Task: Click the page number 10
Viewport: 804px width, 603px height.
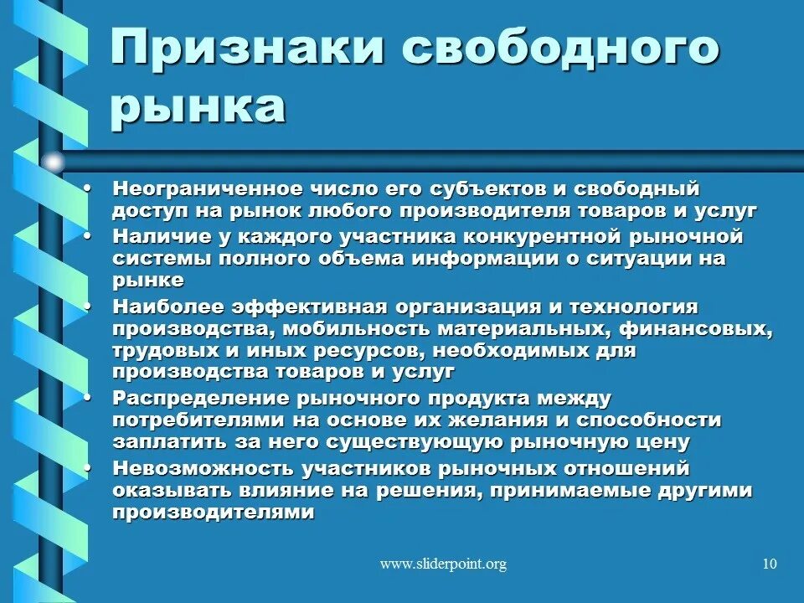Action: coord(770,564)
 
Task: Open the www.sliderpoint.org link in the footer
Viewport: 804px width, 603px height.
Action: coord(443,564)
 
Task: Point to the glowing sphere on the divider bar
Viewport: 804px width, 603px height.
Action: coord(53,162)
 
